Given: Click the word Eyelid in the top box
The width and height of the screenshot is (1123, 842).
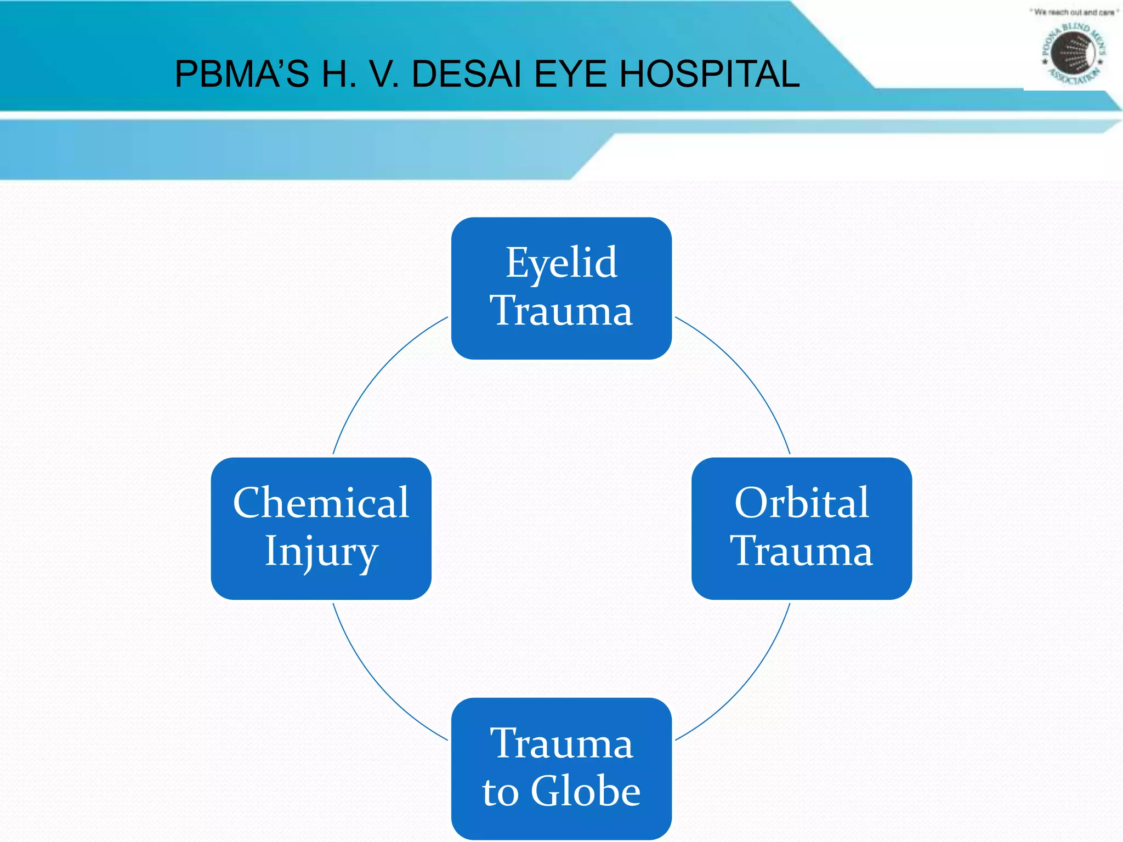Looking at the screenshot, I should [561, 264].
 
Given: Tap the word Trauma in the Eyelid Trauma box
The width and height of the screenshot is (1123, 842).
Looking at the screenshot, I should [561, 311].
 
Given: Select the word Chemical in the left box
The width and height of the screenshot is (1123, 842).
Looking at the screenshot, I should [321, 503].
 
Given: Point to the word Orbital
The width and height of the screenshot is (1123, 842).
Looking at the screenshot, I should [801, 503].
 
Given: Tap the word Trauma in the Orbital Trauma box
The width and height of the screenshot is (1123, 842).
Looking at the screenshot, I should [801, 551].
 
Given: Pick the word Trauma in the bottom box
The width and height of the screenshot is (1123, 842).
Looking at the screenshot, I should [561, 744].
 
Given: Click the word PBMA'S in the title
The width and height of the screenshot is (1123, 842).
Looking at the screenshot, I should [242, 74].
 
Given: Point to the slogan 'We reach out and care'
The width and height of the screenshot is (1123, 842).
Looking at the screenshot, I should [1073, 12].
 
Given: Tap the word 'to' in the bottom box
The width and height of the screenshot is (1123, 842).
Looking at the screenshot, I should [500, 792].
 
